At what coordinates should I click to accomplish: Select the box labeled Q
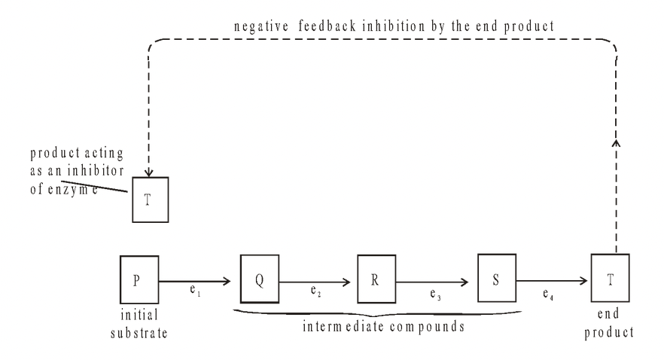pos(259,277)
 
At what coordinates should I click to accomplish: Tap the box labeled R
pos(376,277)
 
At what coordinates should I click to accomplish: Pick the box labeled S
pos(496,277)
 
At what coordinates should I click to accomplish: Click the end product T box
pos(610,278)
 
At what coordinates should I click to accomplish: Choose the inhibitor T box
pos(149,200)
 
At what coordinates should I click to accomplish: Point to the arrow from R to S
pos(436,282)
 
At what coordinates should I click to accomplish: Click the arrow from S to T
pos(553,282)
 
